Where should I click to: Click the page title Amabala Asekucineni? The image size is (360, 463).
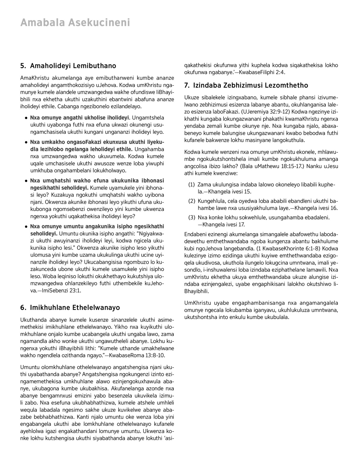click(x=75, y=23)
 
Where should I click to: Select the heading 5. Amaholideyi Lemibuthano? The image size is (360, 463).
click(x=68, y=66)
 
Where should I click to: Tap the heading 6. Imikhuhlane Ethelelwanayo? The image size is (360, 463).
click(x=70, y=308)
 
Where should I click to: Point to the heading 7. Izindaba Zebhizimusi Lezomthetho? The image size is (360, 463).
click(x=246, y=86)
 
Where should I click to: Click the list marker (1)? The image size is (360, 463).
click(x=191, y=185)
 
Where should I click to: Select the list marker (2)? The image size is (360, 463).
click(x=191, y=201)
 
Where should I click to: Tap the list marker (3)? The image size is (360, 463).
click(x=191, y=217)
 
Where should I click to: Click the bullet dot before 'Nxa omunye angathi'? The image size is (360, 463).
click(x=27, y=118)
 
